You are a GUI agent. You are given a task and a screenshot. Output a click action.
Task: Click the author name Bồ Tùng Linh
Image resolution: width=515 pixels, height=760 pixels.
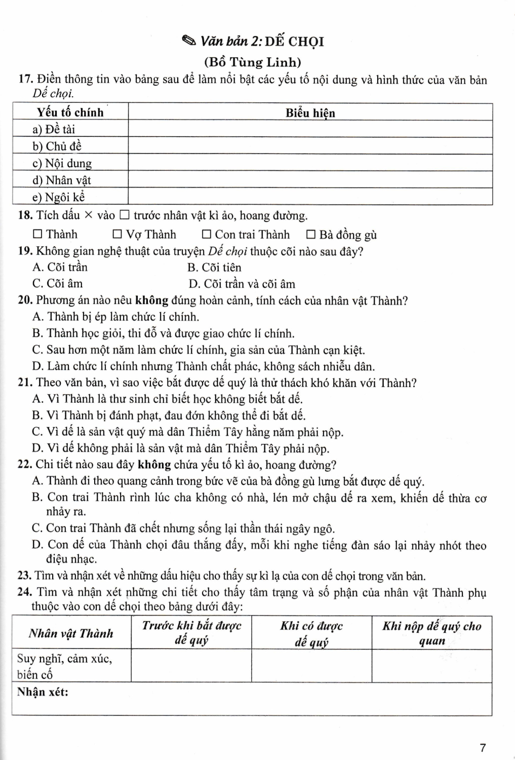[x=252, y=62]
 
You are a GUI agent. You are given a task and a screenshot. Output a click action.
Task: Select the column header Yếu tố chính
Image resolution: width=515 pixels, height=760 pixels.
[x=70, y=112]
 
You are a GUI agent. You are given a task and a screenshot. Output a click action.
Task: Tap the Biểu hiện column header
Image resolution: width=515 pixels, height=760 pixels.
[x=310, y=112]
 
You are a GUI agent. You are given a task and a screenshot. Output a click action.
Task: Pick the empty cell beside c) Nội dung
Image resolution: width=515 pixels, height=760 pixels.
[x=310, y=163]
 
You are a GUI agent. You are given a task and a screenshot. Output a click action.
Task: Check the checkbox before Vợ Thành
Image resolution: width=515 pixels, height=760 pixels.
[x=117, y=235]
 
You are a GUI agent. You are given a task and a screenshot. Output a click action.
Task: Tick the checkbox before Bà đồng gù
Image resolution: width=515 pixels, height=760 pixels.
[x=311, y=235]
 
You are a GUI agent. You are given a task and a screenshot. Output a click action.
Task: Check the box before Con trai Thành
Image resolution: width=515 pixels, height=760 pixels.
[x=206, y=235]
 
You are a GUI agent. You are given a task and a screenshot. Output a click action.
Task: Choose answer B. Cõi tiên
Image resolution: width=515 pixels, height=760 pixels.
[x=214, y=268]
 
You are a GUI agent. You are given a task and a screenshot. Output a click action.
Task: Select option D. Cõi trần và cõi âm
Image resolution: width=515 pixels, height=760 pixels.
[x=242, y=284]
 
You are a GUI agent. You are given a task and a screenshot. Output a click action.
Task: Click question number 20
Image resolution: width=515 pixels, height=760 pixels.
[x=25, y=300]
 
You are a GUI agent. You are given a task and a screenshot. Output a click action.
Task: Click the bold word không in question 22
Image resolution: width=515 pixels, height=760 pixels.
[x=154, y=465]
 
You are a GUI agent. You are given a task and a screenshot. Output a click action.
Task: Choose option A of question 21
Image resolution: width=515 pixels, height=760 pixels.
[x=167, y=399]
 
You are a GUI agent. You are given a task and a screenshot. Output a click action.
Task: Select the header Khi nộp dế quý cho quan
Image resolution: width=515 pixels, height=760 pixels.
[x=431, y=633]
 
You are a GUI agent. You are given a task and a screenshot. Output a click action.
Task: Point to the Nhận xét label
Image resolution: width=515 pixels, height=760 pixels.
[x=43, y=692]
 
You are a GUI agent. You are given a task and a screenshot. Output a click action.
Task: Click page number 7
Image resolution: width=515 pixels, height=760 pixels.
[x=483, y=747]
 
